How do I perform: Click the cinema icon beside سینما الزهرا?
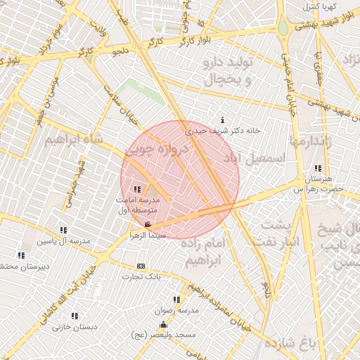coord(147,225)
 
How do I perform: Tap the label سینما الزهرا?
coord(148,236)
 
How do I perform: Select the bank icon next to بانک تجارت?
coord(141,266)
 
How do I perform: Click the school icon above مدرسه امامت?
coord(136,188)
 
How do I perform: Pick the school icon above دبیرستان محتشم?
coord(21,255)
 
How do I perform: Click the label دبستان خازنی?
coord(75,327)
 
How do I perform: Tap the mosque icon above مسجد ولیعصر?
coord(164,324)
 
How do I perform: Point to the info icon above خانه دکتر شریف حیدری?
coord(223,120)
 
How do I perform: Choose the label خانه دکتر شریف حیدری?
coord(223,130)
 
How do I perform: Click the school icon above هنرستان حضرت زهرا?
coord(319,168)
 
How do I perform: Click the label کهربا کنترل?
coord(320,6)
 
